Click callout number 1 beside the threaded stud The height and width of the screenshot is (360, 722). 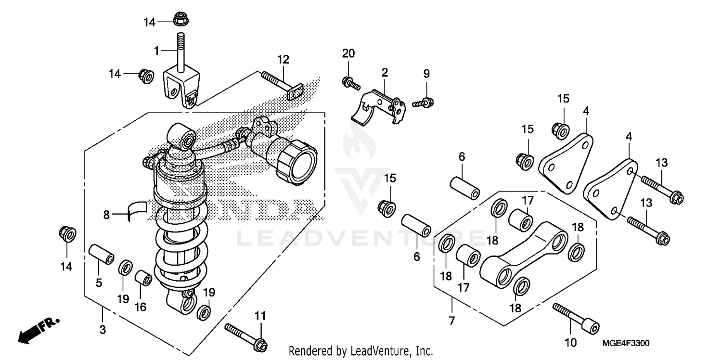156,50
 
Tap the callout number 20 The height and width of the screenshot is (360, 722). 348,53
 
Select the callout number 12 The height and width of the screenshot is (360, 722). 283,59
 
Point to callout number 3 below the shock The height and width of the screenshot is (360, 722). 103,330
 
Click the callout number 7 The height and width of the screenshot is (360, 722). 451,320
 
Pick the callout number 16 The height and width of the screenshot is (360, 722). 141,307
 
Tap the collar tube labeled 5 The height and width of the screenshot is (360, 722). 102,255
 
